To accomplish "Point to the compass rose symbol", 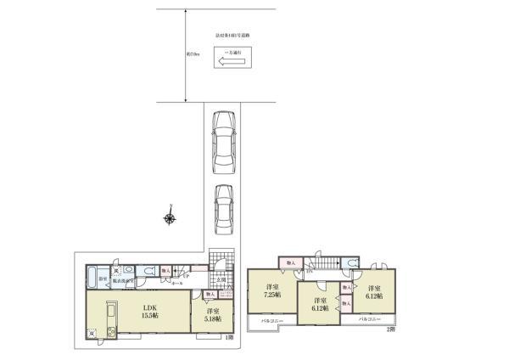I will click(170, 218).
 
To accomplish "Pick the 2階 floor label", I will click(391, 329).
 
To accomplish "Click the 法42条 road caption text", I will click(234, 37).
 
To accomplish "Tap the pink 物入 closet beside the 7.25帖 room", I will click(291, 263).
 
